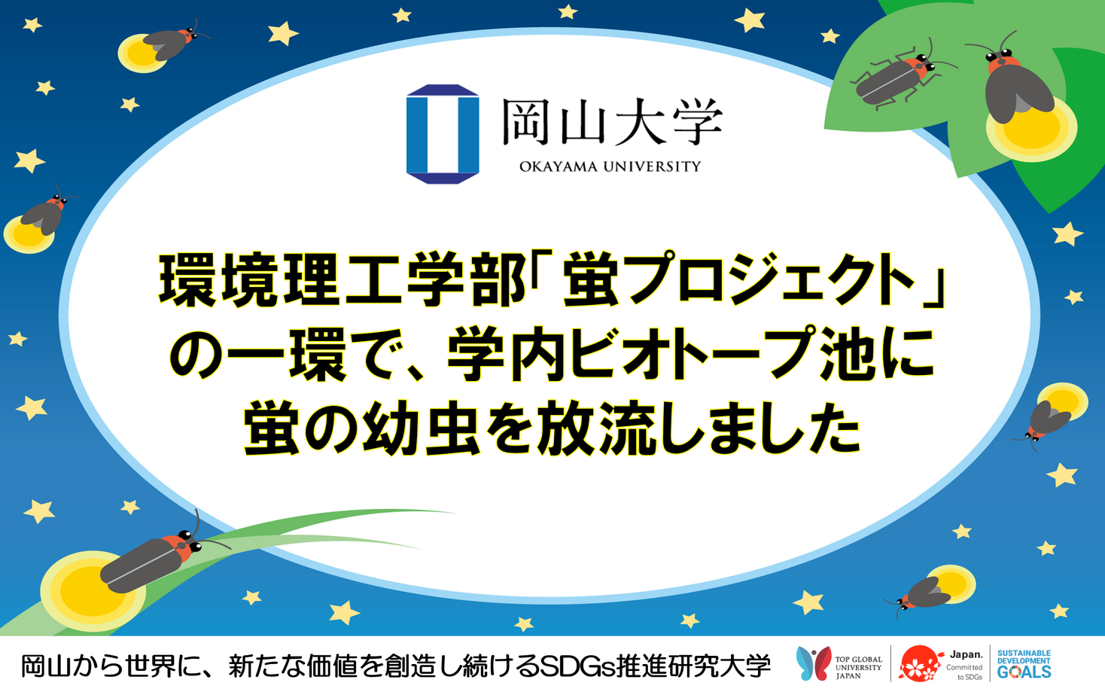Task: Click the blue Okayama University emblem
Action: (443, 134)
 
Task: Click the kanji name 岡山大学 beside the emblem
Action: (612, 121)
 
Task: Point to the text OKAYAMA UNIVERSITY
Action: (610, 167)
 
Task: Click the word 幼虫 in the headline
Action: (422, 428)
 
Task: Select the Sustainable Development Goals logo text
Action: (1024, 664)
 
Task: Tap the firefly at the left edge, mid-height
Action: (47, 212)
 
